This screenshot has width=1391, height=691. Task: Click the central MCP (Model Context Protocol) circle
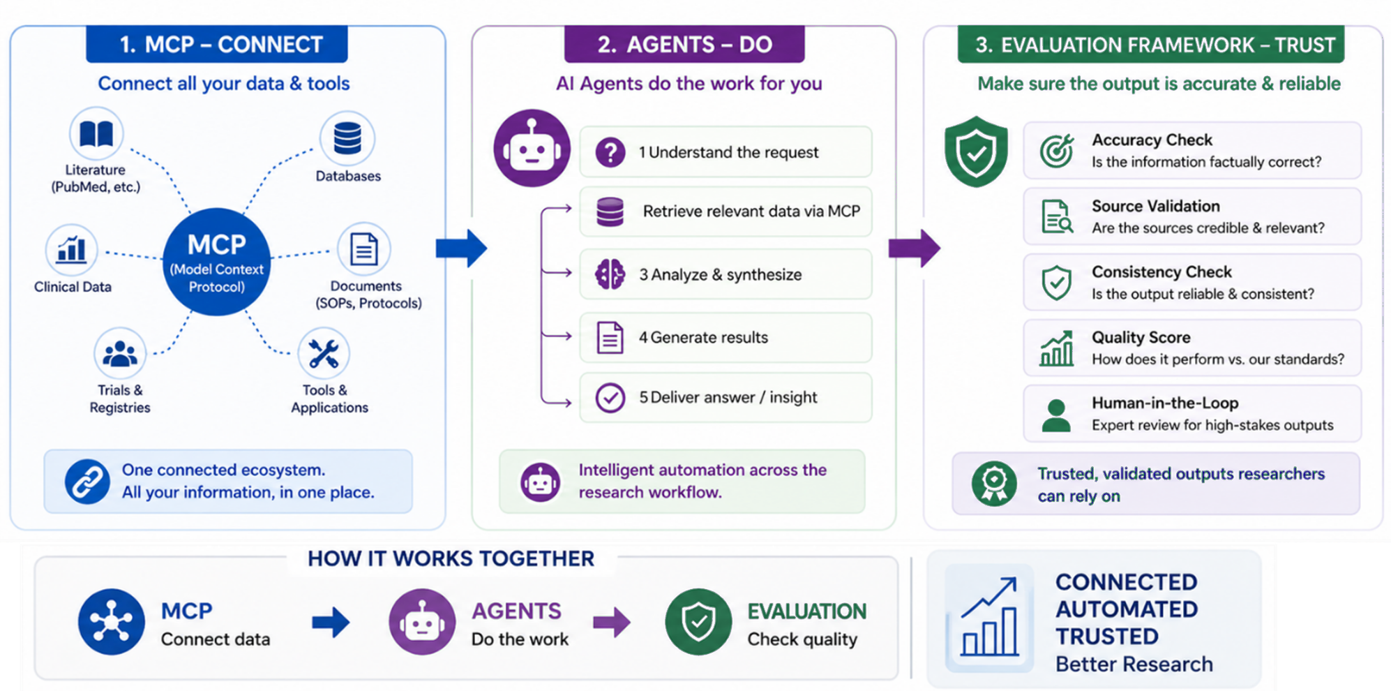click(x=216, y=262)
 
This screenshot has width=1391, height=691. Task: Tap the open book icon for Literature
click(x=96, y=133)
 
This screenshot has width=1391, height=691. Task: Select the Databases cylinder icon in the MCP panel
click(x=347, y=138)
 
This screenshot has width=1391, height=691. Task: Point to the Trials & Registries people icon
click(x=120, y=354)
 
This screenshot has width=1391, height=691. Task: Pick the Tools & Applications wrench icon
click(x=324, y=354)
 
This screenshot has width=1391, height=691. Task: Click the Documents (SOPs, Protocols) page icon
click(x=363, y=249)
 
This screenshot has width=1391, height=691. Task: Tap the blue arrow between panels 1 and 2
click(x=461, y=248)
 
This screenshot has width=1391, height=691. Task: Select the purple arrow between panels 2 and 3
click(x=915, y=248)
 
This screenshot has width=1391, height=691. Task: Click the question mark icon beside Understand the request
click(x=610, y=152)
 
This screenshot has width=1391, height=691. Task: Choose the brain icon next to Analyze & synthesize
click(x=610, y=274)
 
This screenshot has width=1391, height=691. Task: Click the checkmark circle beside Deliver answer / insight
click(x=610, y=397)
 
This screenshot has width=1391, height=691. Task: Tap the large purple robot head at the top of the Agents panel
click(x=532, y=148)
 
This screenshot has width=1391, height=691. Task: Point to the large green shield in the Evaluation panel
click(x=976, y=151)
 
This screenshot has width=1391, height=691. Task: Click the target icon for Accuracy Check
click(x=1057, y=151)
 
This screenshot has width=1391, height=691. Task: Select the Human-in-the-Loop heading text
click(x=1165, y=403)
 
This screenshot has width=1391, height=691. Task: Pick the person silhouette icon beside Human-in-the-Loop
click(x=1056, y=415)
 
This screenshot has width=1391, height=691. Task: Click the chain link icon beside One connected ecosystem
click(x=87, y=482)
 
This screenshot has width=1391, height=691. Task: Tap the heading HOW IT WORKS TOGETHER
click(x=451, y=558)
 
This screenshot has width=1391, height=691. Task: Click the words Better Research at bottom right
click(x=1134, y=664)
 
